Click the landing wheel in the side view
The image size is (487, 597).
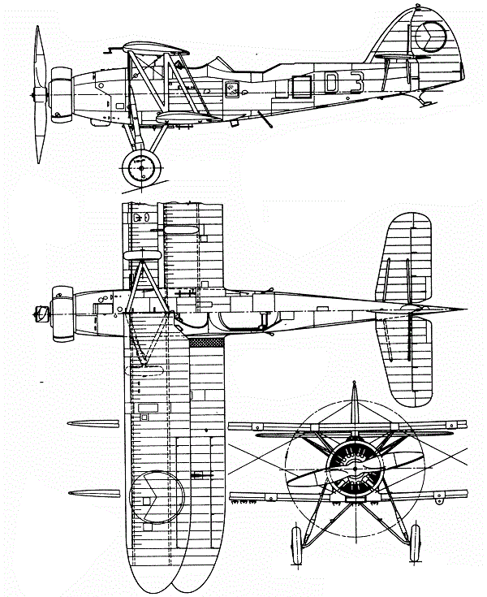(x=140, y=169)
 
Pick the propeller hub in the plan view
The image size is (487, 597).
(x=36, y=311)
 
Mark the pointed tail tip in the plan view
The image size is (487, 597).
(x=463, y=309)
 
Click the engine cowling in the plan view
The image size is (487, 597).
(x=61, y=311)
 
